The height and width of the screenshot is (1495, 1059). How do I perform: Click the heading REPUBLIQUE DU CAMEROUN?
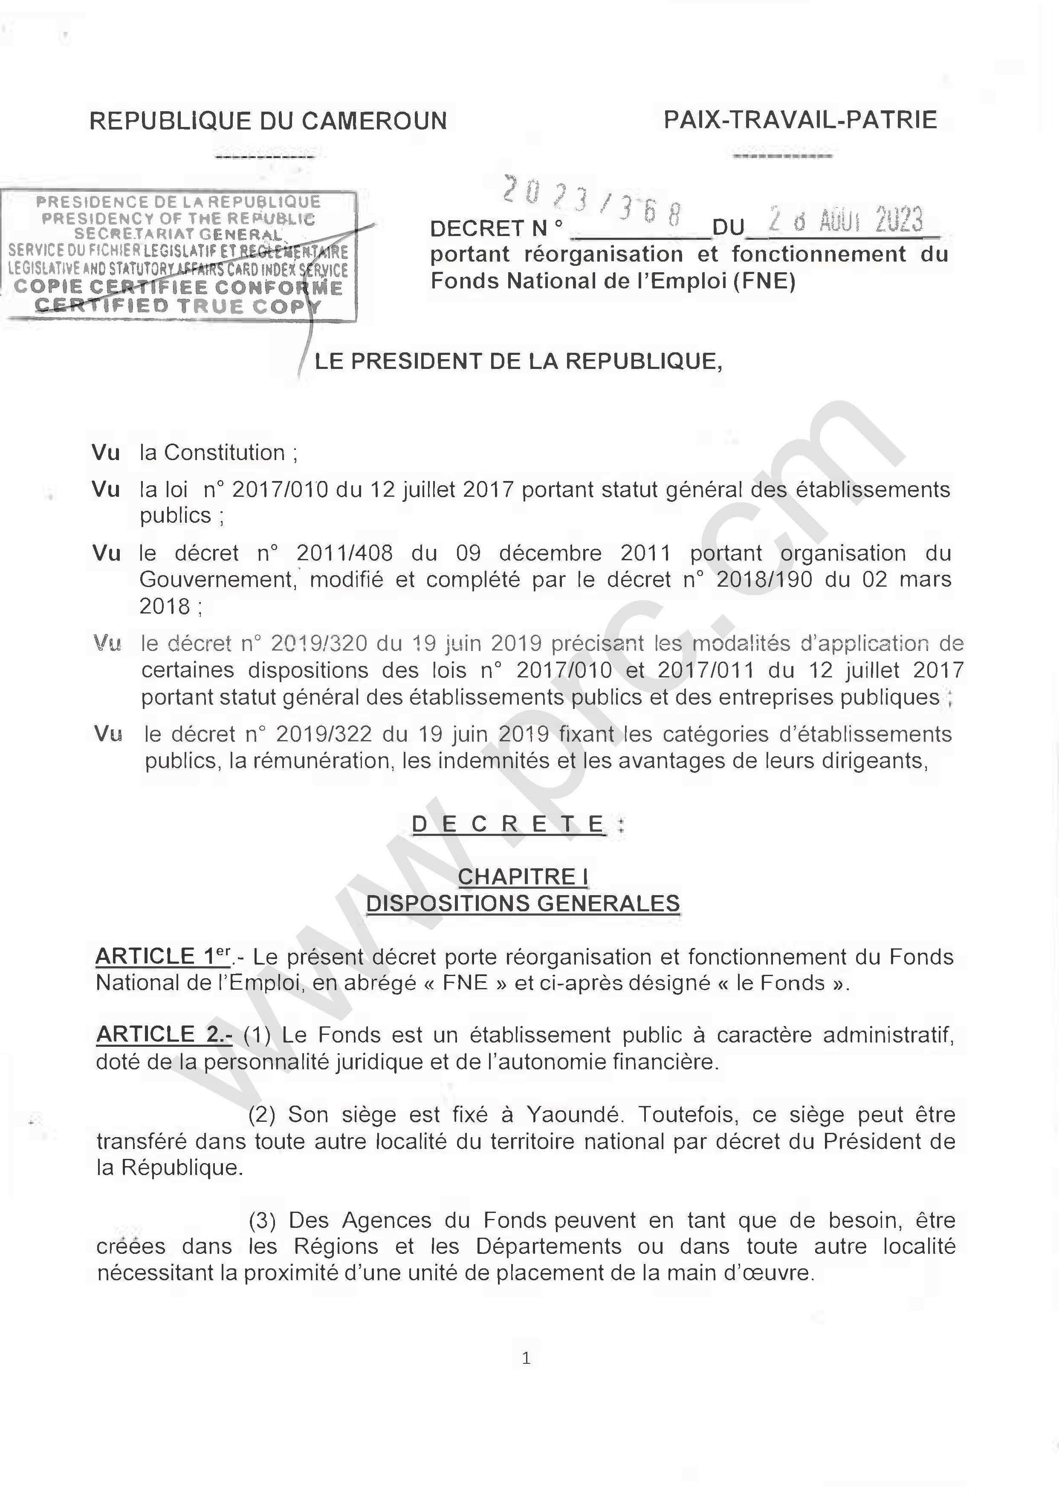pyautogui.click(x=268, y=121)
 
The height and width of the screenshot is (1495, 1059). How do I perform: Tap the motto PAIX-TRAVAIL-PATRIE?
pyautogui.click(x=800, y=120)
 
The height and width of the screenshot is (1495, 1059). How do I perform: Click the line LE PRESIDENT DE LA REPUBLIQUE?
pyautogui.click(x=518, y=361)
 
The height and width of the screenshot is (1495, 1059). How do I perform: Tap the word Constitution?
pyautogui.click(x=224, y=452)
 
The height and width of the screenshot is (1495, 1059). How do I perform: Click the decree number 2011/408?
pyautogui.click(x=344, y=553)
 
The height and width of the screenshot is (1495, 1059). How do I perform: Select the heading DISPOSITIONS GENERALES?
pyautogui.click(x=523, y=904)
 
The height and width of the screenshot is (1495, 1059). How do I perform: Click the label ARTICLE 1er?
pyautogui.click(x=163, y=957)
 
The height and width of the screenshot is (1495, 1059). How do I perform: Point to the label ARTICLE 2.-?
pyautogui.click(x=164, y=1035)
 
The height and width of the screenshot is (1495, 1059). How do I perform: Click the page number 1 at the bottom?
pyautogui.click(x=526, y=1358)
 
